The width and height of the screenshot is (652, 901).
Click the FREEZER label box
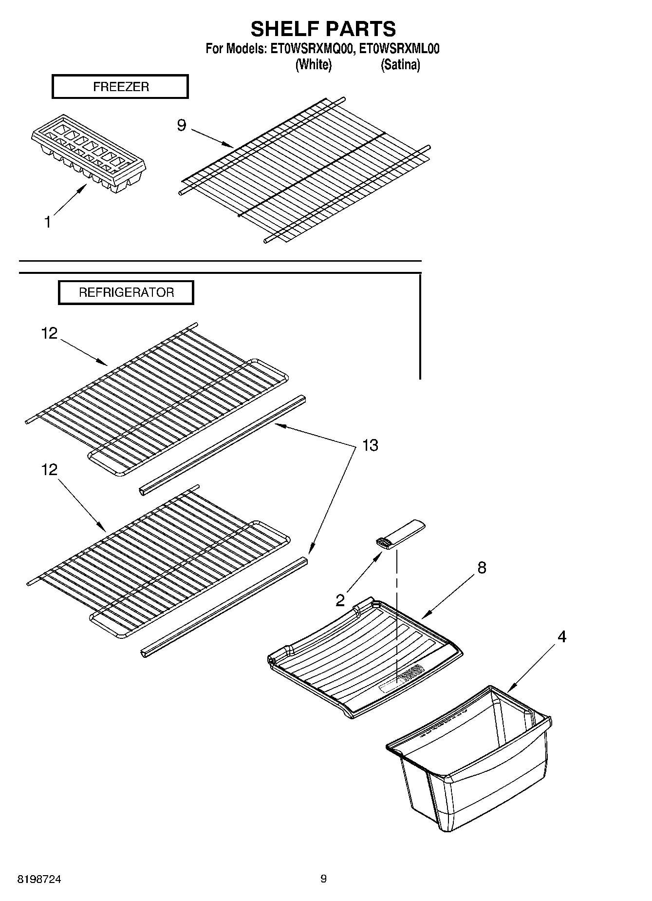120,87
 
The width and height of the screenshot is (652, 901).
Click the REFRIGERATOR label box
126,293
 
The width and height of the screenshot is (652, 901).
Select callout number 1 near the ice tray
47,223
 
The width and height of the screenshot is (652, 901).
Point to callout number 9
181,126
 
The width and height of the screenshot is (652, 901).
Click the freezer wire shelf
304,171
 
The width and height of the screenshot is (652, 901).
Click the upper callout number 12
49,334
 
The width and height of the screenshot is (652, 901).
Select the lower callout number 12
49,470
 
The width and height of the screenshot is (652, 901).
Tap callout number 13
370,445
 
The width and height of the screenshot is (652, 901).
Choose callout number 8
482,568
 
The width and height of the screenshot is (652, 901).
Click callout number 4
562,637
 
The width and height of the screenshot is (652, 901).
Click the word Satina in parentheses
400,64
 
